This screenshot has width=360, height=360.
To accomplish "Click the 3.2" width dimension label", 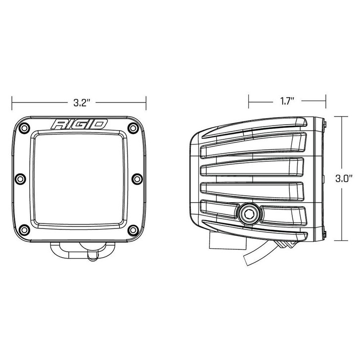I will coord(80,103).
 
